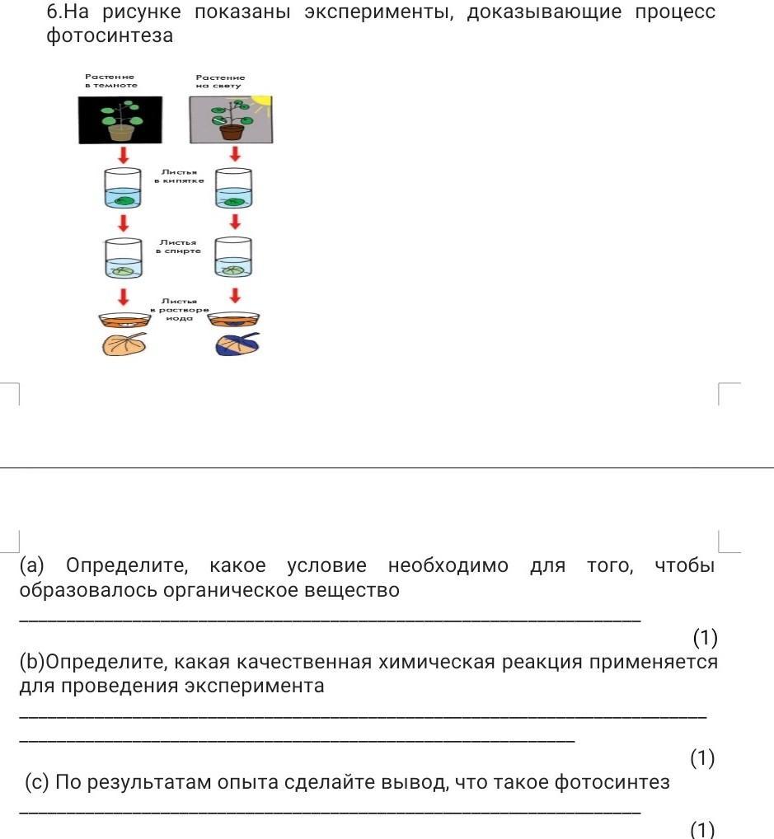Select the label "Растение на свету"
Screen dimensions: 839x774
tap(220, 81)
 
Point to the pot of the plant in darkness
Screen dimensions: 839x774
tap(121, 131)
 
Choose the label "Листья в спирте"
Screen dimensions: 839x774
tap(177, 246)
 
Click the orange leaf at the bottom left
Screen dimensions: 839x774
tap(124, 345)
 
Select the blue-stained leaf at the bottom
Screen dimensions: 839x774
tap(237, 345)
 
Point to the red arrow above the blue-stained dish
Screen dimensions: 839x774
tap(235, 295)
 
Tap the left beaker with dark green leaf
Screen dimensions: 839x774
tap(122, 189)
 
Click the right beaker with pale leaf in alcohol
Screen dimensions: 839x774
tap(233, 259)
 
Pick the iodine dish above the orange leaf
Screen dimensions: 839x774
tap(121, 321)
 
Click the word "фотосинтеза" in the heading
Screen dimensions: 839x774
tap(110, 35)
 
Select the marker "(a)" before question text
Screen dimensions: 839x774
tap(32, 566)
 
